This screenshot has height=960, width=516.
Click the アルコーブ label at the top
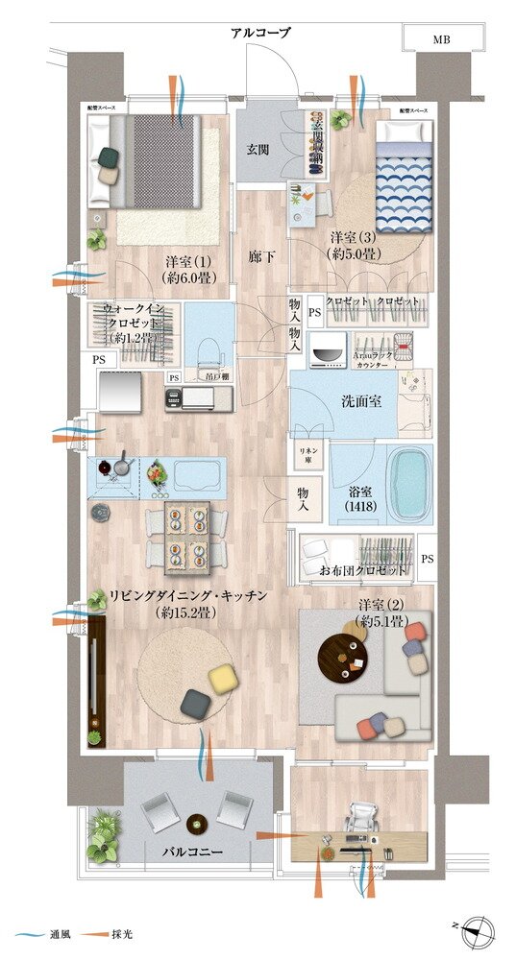(260, 34)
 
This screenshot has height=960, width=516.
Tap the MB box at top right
(441, 39)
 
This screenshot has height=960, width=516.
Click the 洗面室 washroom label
(363, 400)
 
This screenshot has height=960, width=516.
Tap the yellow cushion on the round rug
(224, 678)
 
